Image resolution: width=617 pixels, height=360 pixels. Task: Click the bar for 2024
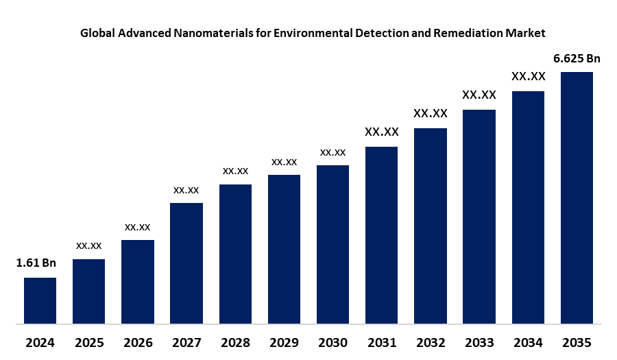click(40, 300)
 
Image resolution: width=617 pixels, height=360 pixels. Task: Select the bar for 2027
click(186, 263)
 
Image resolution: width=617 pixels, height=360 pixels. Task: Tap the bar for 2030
click(332, 243)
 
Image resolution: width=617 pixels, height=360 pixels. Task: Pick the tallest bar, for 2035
click(577, 197)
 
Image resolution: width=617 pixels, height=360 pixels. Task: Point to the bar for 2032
click(431, 225)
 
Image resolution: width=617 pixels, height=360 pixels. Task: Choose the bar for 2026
click(138, 281)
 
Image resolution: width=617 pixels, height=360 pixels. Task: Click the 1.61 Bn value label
click(36, 263)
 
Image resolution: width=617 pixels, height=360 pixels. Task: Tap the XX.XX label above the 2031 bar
click(382, 132)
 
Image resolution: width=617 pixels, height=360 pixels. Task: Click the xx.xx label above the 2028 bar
click(235, 171)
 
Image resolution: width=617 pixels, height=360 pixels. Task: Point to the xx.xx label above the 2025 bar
click(88, 245)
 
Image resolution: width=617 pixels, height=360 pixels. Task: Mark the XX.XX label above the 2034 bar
click(528, 76)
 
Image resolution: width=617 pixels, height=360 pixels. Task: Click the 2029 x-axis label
click(284, 342)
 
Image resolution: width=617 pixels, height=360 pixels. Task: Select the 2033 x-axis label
click(479, 342)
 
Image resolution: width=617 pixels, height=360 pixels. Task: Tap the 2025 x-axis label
click(88, 342)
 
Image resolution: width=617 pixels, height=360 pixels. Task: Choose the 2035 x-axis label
click(577, 342)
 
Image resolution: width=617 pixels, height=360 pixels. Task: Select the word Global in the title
click(98, 32)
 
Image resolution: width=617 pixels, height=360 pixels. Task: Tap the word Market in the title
click(527, 32)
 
